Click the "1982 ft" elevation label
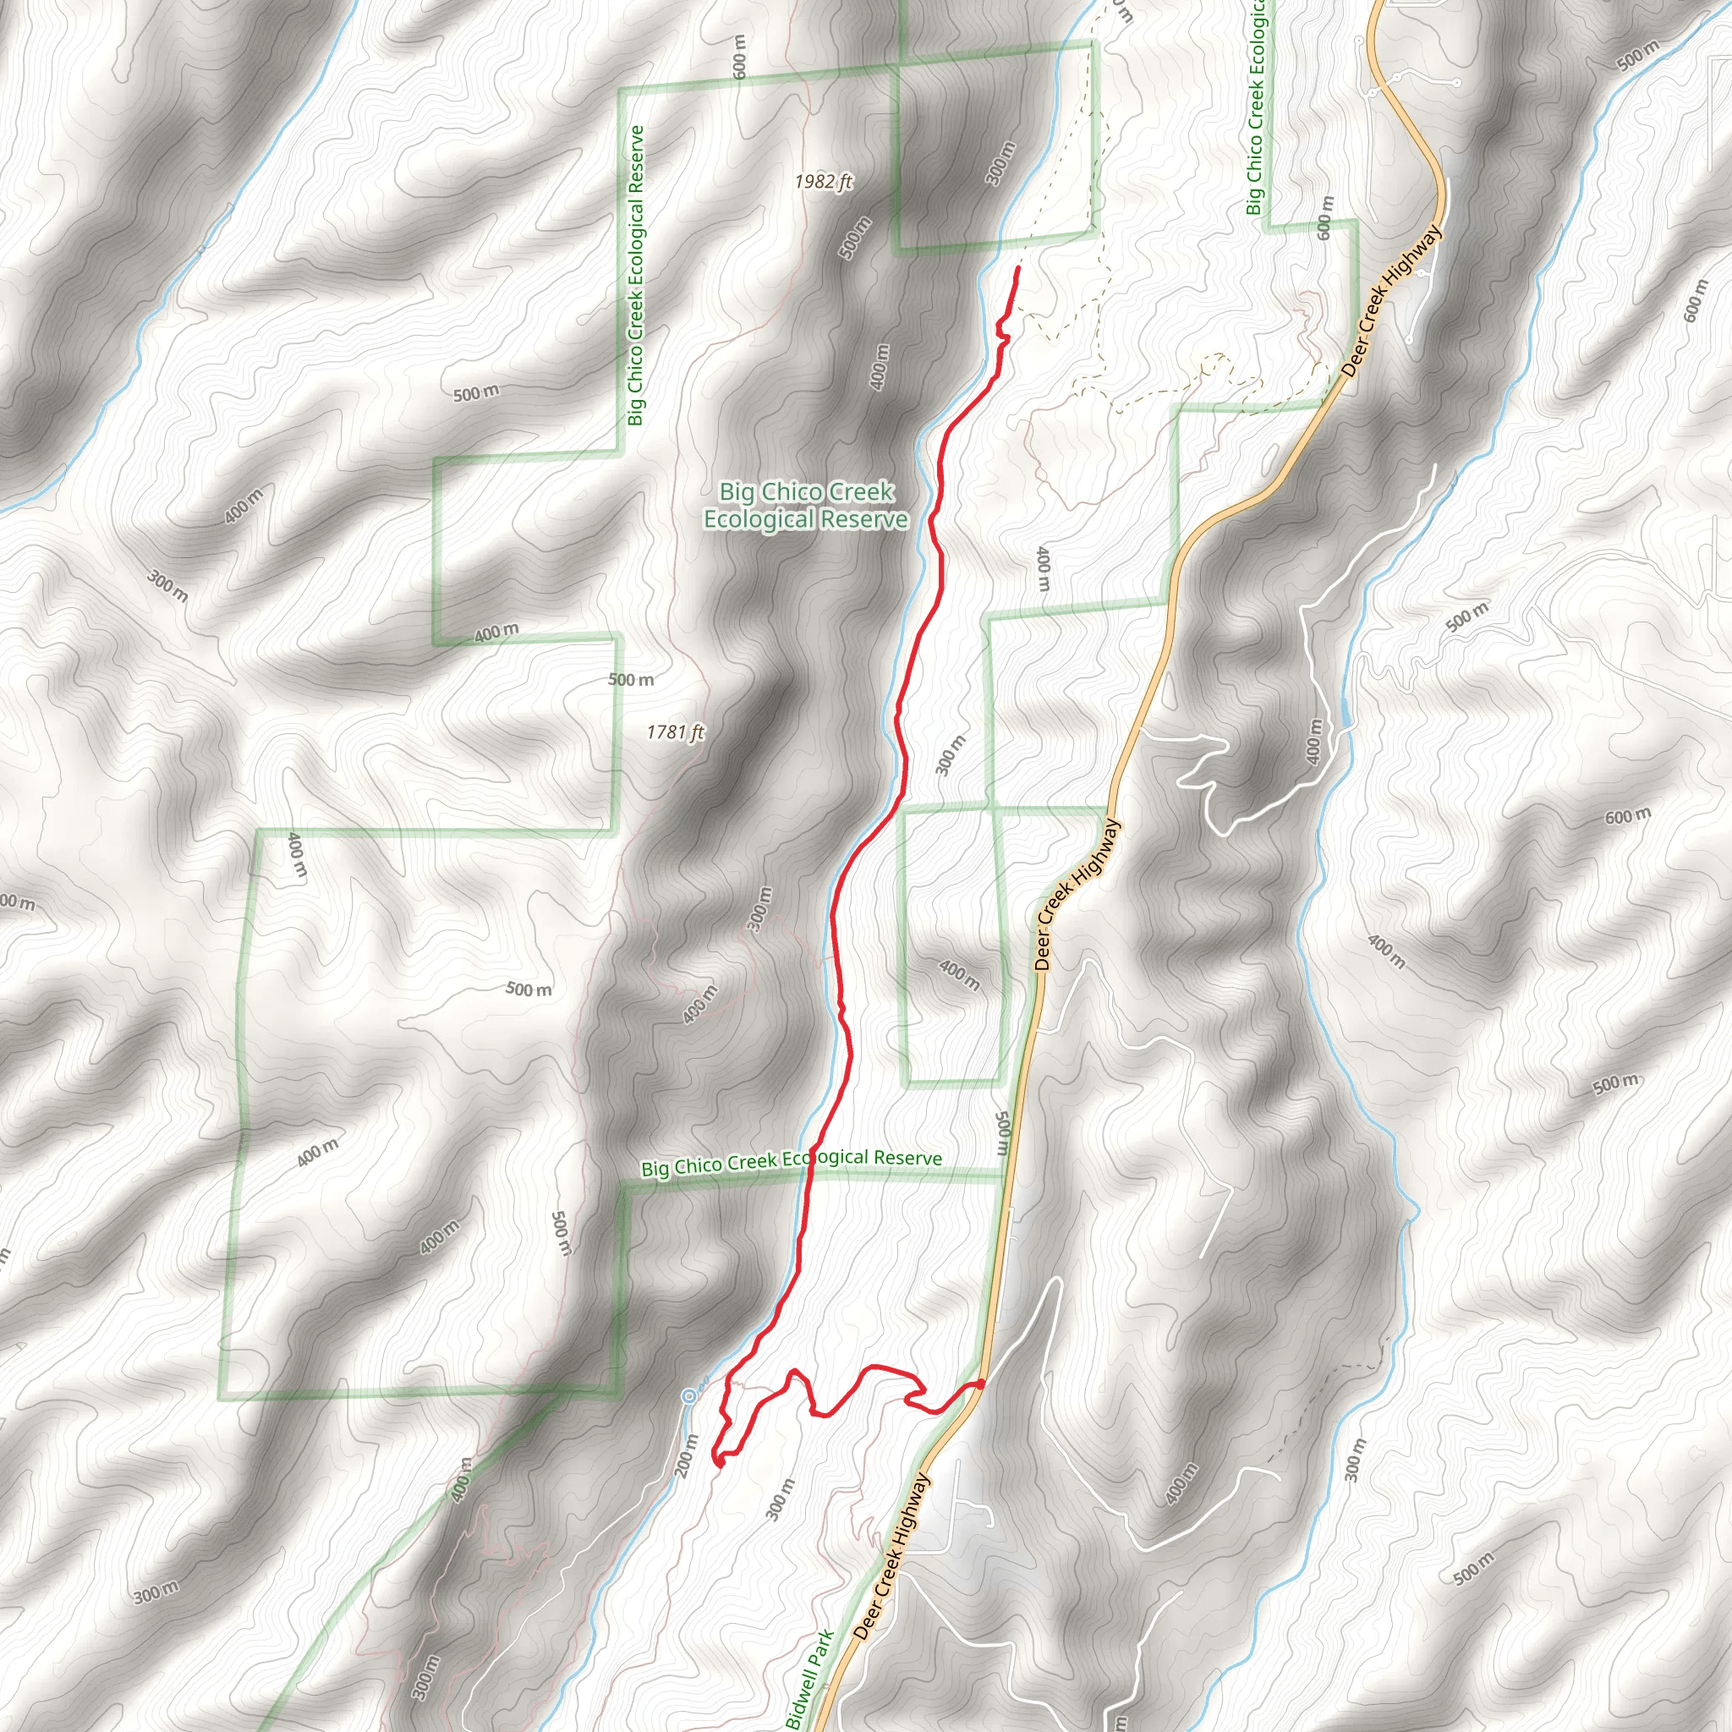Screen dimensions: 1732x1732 (x=822, y=183)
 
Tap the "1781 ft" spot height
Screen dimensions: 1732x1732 (x=675, y=732)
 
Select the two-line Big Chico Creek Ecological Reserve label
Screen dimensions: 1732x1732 (x=805, y=506)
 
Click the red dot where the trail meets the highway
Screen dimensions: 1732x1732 (x=981, y=1384)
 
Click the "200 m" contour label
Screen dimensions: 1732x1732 (x=686, y=1456)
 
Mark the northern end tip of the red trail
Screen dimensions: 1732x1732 (x=1018, y=268)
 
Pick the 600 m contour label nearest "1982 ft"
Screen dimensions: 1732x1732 (x=740, y=56)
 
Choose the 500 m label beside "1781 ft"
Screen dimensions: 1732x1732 (x=631, y=680)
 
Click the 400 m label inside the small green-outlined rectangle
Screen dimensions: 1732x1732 (x=958, y=974)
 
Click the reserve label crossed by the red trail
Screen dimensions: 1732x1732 (x=792, y=1163)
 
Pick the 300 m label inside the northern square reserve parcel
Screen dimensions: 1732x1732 (x=1000, y=163)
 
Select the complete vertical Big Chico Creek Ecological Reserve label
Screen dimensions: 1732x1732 (x=637, y=275)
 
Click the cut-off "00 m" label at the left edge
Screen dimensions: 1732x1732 (x=16, y=902)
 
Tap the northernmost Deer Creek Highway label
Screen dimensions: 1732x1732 (x=1392, y=300)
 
